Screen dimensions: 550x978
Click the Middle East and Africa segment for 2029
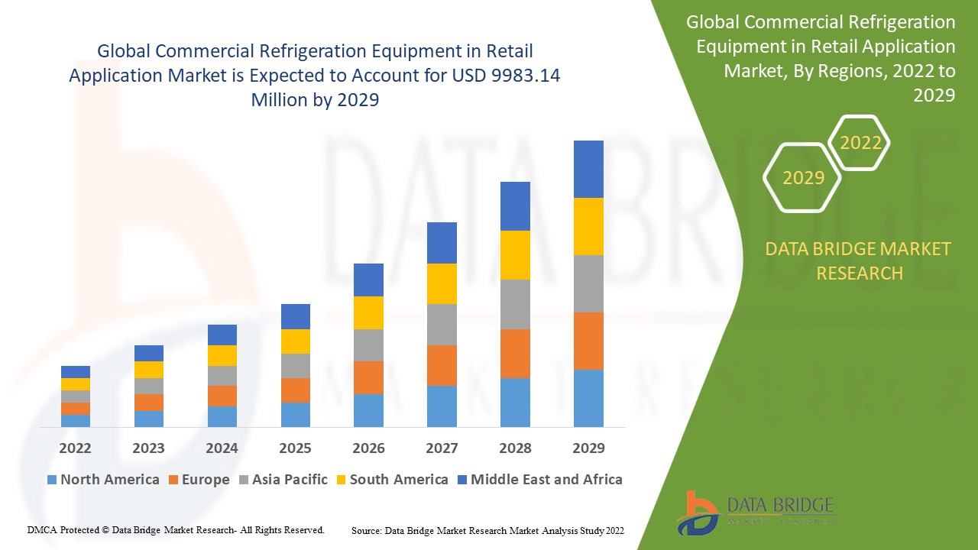click(588, 169)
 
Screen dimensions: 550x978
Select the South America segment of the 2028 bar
click(515, 255)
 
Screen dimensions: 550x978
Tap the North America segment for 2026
click(368, 410)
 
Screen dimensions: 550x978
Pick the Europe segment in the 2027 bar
click(442, 365)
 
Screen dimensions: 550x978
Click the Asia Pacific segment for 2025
click(295, 366)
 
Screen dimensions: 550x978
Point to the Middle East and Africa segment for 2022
click(76, 372)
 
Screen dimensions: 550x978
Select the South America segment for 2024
click(222, 355)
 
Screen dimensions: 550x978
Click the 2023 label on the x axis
click(148, 448)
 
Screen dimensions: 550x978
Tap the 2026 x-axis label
click(368, 448)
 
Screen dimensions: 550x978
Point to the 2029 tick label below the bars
click(588, 448)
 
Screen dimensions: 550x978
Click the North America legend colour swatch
click(52, 480)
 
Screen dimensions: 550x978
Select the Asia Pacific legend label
click(290, 480)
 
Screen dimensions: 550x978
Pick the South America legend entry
click(398, 480)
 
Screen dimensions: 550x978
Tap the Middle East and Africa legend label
click(546, 480)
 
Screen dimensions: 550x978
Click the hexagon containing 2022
click(860, 143)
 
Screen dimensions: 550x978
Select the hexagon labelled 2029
click(803, 178)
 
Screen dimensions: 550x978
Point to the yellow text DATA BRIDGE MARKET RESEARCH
click(859, 260)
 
